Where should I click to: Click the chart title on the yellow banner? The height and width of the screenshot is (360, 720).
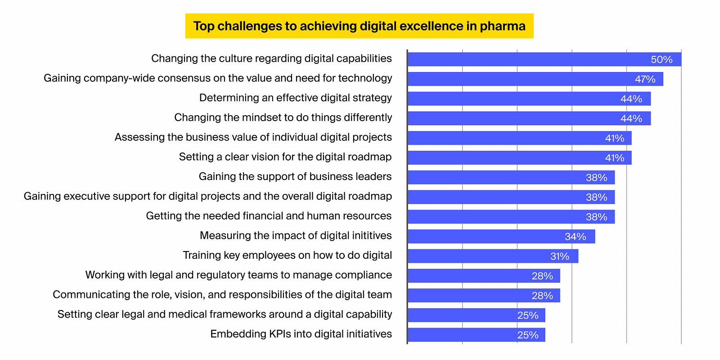(359, 26)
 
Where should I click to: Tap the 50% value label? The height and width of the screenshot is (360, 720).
(661, 59)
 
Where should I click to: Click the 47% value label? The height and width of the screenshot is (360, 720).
(645, 79)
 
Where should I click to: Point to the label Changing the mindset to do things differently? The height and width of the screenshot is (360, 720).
(283, 117)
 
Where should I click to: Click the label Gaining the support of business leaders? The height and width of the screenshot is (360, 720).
(295, 176)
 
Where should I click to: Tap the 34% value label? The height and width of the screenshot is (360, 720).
(575, 237)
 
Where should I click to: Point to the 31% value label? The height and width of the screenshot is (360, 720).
(559, 256)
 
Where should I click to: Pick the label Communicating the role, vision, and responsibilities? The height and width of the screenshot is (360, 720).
(222, 294)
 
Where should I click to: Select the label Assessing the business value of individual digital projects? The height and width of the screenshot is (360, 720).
(253, 137)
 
